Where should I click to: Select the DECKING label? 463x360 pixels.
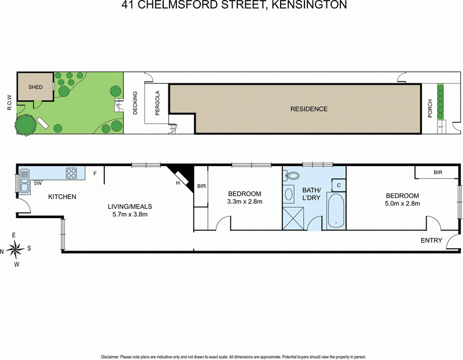[135, 103]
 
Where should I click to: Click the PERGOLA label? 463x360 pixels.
[156, 102]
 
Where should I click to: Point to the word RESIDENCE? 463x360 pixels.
[308, 109]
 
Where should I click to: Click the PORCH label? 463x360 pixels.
[430, 110]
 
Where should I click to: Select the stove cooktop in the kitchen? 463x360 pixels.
[72, 172]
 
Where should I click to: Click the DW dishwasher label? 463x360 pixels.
[38, 183]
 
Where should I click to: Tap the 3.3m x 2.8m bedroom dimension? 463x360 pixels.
[244, 202]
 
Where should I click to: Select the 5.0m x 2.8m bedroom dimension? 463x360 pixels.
[402, 203]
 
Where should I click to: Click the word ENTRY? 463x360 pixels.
[431, 240]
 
